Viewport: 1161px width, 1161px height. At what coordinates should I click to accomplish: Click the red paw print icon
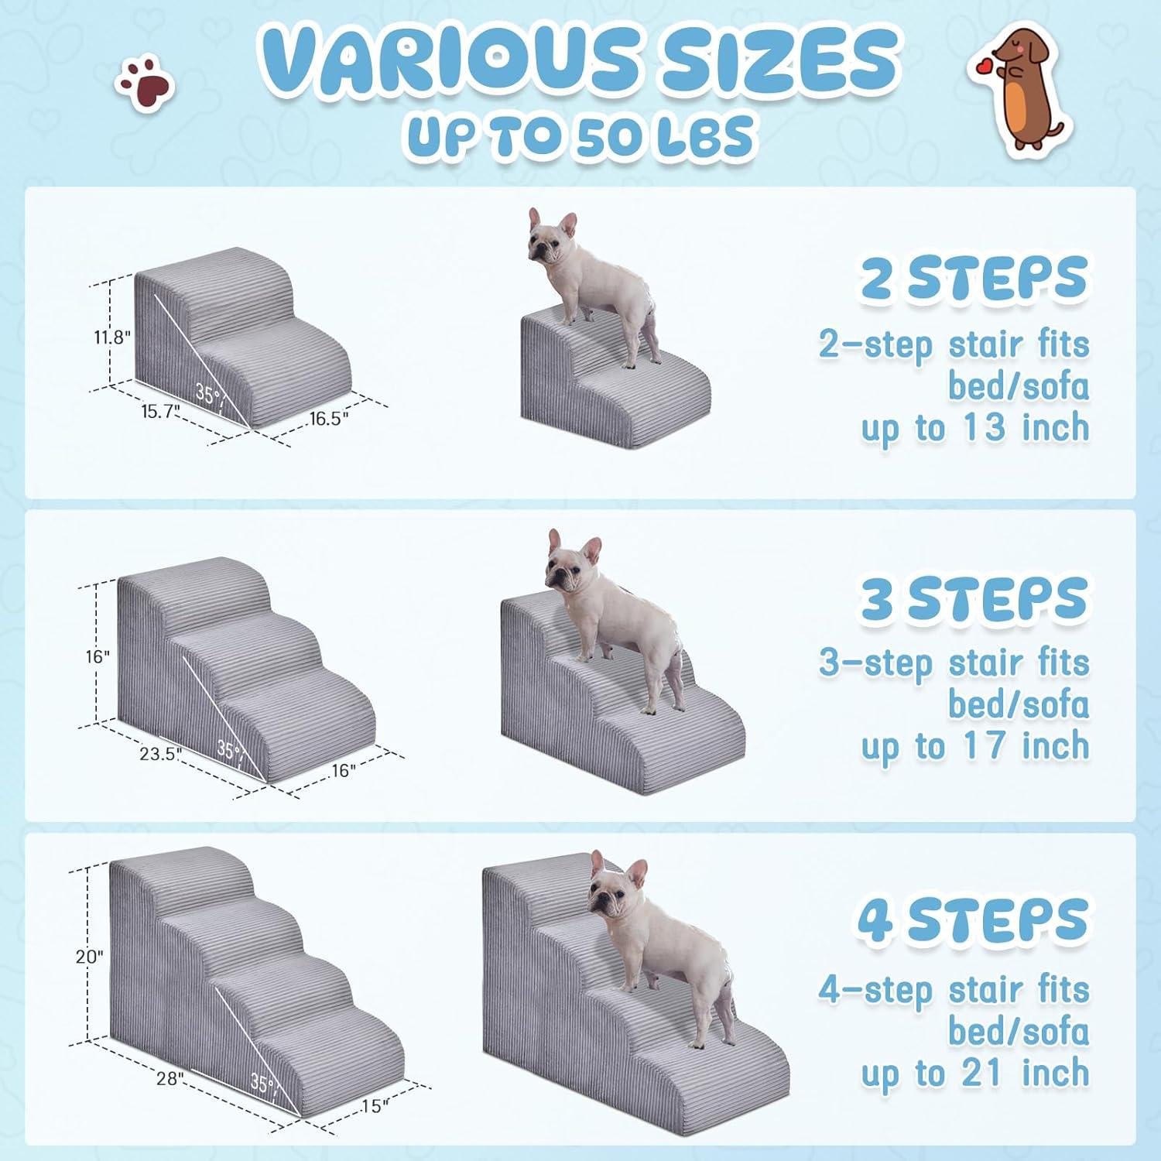coord(145,84)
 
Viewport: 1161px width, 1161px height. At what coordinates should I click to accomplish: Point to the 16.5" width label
coord(329,419)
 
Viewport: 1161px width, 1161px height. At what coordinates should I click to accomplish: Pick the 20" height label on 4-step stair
coord(89,957)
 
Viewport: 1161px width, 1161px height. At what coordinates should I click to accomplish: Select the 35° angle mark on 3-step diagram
coord(229,749)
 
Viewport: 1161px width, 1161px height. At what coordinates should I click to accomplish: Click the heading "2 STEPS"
coord(974,279)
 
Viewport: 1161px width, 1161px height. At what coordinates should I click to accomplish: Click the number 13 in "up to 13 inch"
coord(984,428)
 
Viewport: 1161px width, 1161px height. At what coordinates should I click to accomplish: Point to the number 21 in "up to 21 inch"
coord(984,1074)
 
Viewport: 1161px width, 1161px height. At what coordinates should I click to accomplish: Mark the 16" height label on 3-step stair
coord(98,657)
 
